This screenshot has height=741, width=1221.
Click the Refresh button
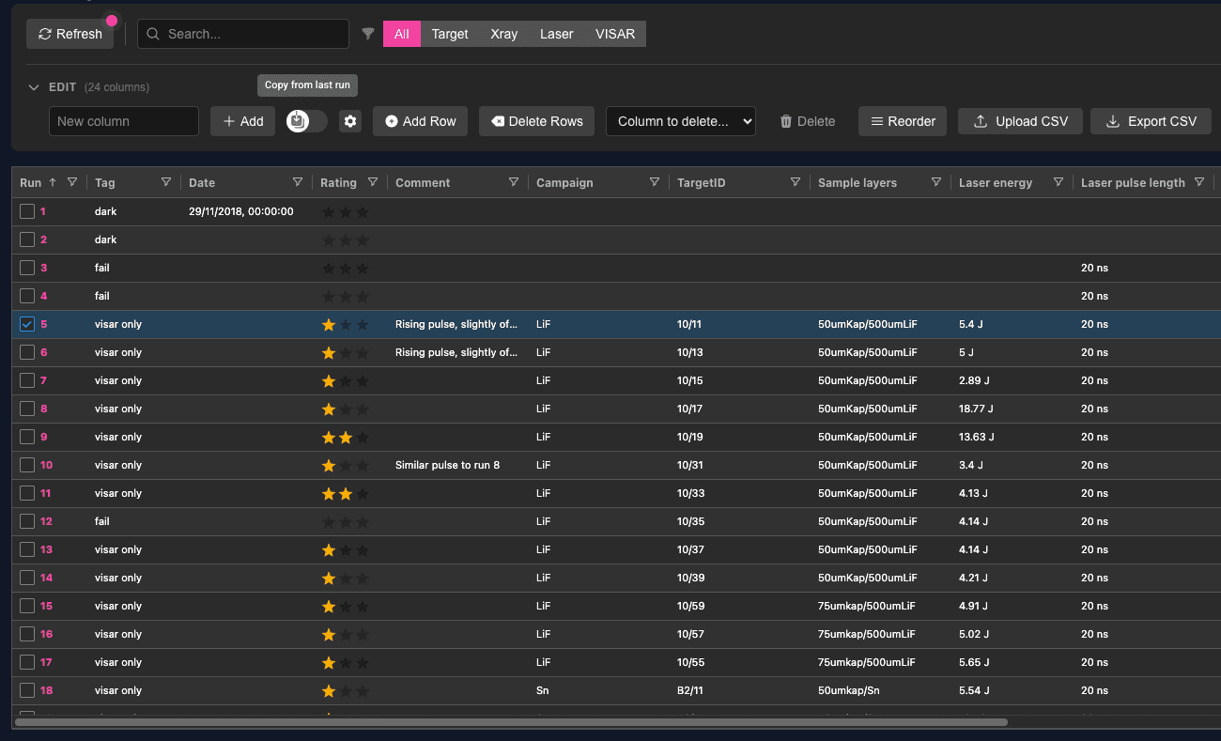pyautogui.click(x=70, y=34)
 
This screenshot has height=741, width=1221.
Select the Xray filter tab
pyautogui.click(x=503, y=34)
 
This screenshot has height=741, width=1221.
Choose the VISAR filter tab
pyautogui.click(x=614, y=34)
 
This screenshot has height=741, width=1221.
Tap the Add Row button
pyautogui.click(x=420, y=121)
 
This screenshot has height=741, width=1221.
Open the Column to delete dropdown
pyautogui.click(x=680, y=121)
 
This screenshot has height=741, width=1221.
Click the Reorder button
pyautogui.click(x=902, y=121)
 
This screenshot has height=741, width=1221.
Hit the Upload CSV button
pyautogui.click(x=1020, y=121)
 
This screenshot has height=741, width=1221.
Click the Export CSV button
pyautogui.click(x=1151, y=121)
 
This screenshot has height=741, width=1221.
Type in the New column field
pyautogui.click(x=123, y=121)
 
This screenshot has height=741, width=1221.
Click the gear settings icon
pyautogui.click(x=350, y=121)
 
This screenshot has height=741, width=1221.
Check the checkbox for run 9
pyautogui.click(x=27, y=437)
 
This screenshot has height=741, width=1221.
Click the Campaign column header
pyautogui.click(x=564, y=183)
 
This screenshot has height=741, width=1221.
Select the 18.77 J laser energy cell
pyautogui.click(x=976, y=409)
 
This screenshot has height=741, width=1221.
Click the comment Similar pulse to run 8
pyautogui.click(x=447, y=465)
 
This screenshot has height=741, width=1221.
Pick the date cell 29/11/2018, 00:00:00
pyautogui.click(x=241, y=211)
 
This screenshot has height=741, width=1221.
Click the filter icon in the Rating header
pyautogui.click(x=373, y=182)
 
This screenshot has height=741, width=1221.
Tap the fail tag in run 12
pyautogui.click(x=101, y=521)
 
